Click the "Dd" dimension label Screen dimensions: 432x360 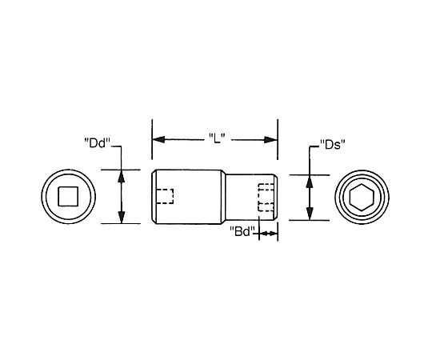[x=97, y=143]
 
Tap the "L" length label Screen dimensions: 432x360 [x=217, y=138]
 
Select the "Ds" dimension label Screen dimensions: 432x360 [x=333, y=145]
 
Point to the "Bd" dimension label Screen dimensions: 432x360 [x=242, y=231]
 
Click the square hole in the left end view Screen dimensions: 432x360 [x=68, y=196]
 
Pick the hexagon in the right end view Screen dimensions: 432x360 [x=362, y=198]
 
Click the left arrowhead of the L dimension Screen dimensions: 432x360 [x=158, y=139]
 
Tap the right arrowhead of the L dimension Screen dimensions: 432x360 [x=270, y=140]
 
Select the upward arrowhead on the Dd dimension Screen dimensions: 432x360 [x=122, y=176]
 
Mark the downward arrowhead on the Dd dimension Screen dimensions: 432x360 [x=122, y=217]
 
